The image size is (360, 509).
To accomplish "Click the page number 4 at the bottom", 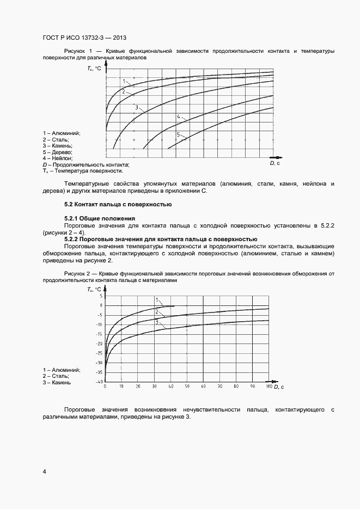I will point(44,470).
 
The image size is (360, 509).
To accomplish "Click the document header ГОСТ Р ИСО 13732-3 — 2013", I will point(84,38).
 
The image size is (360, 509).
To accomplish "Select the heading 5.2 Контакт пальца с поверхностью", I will point(118,205).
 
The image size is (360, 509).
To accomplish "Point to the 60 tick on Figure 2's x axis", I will point(203,387).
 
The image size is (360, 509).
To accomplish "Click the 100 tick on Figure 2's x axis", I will point(268,387).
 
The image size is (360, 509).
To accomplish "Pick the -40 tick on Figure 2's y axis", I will point(99,382).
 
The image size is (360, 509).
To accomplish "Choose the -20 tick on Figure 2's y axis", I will point(99,344).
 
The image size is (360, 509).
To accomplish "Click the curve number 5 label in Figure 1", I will point(178,134).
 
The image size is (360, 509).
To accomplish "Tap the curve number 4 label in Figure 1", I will point(178,116).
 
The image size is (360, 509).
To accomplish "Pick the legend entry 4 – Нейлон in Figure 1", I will point(57,158).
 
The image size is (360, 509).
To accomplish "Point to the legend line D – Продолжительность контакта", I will point(86,164).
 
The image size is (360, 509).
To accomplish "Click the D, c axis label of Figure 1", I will point(275,163).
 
